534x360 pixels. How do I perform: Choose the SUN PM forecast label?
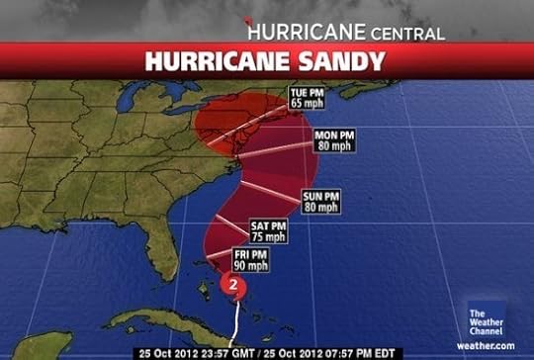click(321, 196)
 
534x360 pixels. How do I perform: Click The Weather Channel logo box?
click(484, 320)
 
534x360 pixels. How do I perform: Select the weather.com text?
click(486, 344)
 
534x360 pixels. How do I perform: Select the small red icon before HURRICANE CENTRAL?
click(249, 23)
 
